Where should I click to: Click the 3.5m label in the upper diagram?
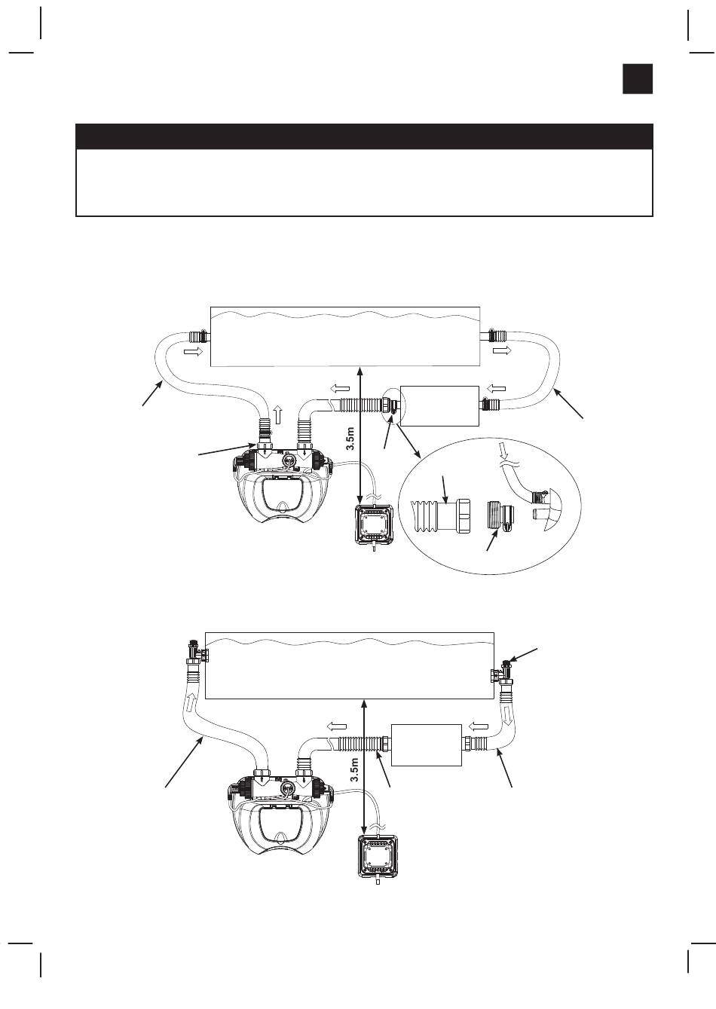(x=351, y=437)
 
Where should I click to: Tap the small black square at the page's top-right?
(x=638, y=79)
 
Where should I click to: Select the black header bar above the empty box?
(x=364, y=136)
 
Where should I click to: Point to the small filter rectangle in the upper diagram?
(x=439, y=406)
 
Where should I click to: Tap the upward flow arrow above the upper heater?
(x=277, y=414)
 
